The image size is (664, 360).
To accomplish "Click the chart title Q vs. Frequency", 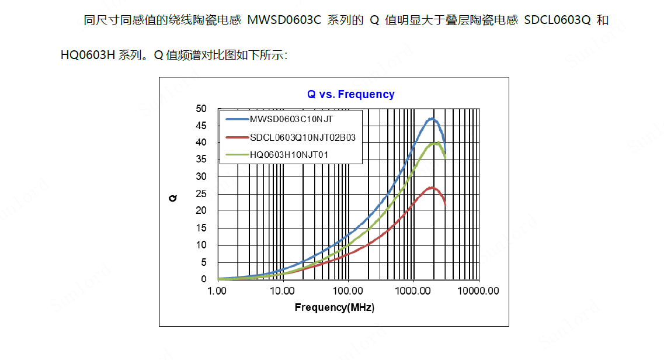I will pyautogui.click(x=351, y=94).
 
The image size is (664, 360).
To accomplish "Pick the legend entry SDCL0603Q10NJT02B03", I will pyautogui.click(x=303, y=137).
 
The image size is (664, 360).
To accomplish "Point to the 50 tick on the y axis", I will pyautogui.click(x=201, y=108).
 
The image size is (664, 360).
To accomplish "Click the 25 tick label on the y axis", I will pyautogui.click(x=201, y=193).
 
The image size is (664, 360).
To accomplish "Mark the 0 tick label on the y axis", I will pyautogui.click(x=204, y=279).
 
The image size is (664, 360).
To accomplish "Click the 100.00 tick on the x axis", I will pyautogui.click(x=348, y=290).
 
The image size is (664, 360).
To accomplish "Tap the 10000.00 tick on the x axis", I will pyautogui.click(x=477, y=290).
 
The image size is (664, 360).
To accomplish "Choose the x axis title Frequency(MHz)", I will pyautogui.click(x=334, y=307).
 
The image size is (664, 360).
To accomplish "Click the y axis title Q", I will pyautogui.click(x=173, y=198).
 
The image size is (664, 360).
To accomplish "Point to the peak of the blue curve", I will pyautogui.click(x=432, y=119).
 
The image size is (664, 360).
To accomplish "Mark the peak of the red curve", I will pyautogui.click(x=431, y=187).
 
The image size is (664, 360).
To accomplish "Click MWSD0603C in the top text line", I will pyautogui.click(x=285, y=20).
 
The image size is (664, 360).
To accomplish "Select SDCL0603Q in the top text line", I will pyautogui.click(x=558, y=20).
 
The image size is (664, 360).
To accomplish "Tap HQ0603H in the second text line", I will pyautogui.click(x=88, y=56).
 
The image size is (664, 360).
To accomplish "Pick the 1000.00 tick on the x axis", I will pyautogui.click(x=413, y=290).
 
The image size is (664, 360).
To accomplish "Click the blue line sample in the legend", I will pyautogui.click(x=237, y=120).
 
